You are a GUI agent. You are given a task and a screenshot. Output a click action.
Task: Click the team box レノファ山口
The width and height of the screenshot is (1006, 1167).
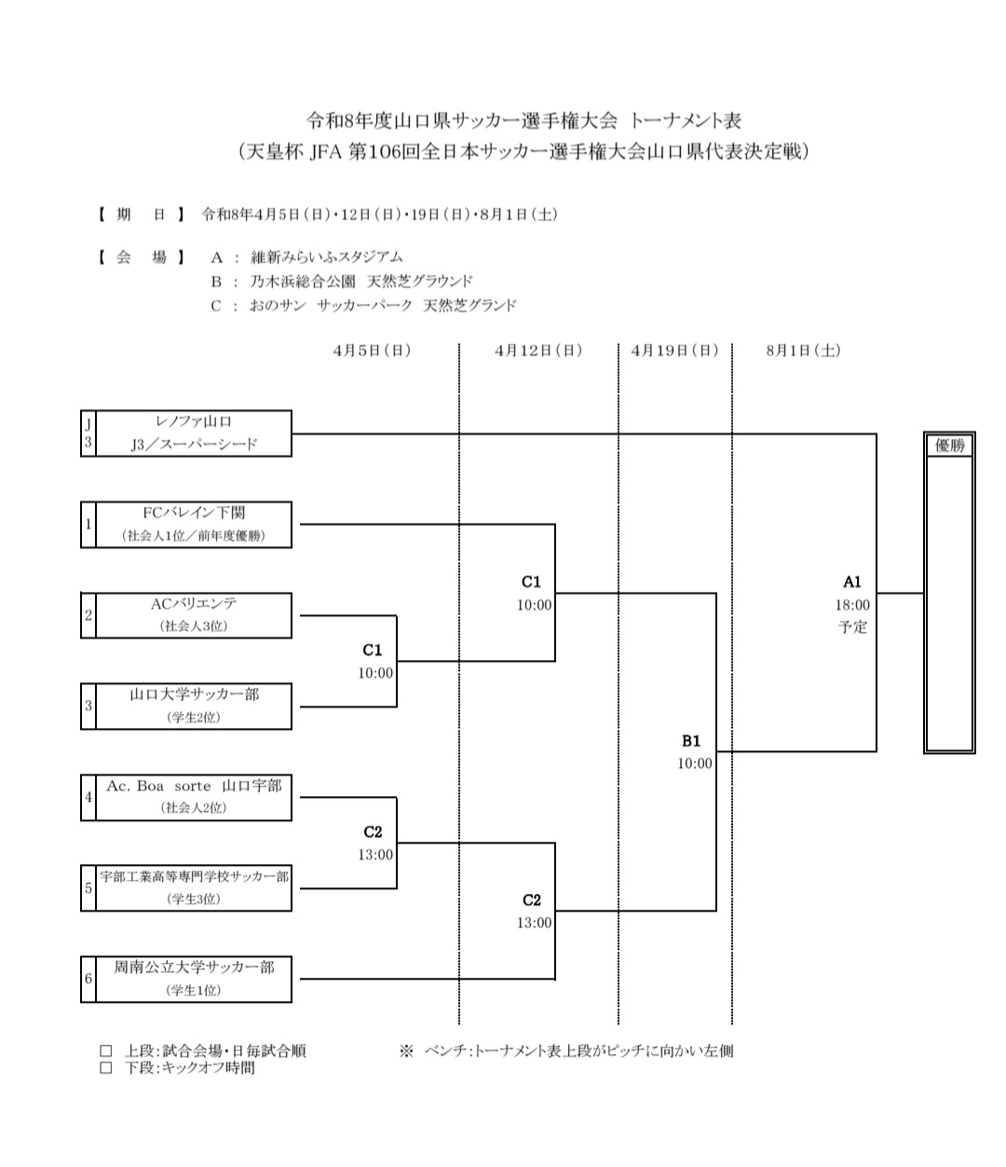[194, 422]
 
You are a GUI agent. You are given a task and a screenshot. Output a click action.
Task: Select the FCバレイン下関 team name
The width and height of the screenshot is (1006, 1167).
[194, 513]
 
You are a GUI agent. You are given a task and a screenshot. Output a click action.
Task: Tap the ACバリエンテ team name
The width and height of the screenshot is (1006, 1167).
[194, 604]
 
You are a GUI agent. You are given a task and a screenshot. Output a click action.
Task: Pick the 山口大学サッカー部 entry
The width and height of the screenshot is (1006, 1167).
[194, 694]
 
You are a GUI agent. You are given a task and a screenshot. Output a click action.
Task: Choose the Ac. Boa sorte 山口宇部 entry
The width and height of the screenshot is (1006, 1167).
[194, 786]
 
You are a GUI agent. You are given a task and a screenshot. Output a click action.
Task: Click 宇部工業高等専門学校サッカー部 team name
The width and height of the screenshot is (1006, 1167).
[194, 877]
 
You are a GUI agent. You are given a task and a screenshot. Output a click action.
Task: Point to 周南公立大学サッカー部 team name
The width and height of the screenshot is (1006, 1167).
[194, 968]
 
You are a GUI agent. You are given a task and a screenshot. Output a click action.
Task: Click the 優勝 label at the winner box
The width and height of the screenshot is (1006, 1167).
[949, 446]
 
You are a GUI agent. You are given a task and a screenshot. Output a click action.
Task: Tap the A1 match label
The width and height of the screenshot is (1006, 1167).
[852, 583]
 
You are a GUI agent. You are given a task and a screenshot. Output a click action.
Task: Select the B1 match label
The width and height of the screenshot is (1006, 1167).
[691, 742]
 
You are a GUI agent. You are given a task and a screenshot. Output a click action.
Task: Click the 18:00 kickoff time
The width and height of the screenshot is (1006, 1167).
[852, 605]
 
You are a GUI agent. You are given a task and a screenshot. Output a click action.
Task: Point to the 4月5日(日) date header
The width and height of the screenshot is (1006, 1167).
[372, 350]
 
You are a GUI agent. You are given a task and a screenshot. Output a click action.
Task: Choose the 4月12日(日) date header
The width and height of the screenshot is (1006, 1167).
[538, 350]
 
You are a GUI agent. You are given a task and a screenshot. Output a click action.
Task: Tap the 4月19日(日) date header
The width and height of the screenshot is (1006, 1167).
[675, 350]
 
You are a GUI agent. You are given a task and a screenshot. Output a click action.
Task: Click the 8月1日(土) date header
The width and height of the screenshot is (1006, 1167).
[803, 350]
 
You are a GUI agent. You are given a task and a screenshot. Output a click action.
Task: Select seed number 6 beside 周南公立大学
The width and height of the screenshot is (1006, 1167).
[88, 979]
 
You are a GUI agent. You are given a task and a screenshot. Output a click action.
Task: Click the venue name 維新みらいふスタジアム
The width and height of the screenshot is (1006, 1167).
[327, 257]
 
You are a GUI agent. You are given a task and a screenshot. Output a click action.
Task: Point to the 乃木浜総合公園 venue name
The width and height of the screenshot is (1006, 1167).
[302, 281]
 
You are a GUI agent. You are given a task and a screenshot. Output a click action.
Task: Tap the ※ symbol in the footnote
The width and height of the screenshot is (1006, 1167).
[406, 1050]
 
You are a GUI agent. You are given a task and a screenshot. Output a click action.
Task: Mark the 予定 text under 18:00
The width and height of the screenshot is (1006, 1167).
[852, 627]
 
